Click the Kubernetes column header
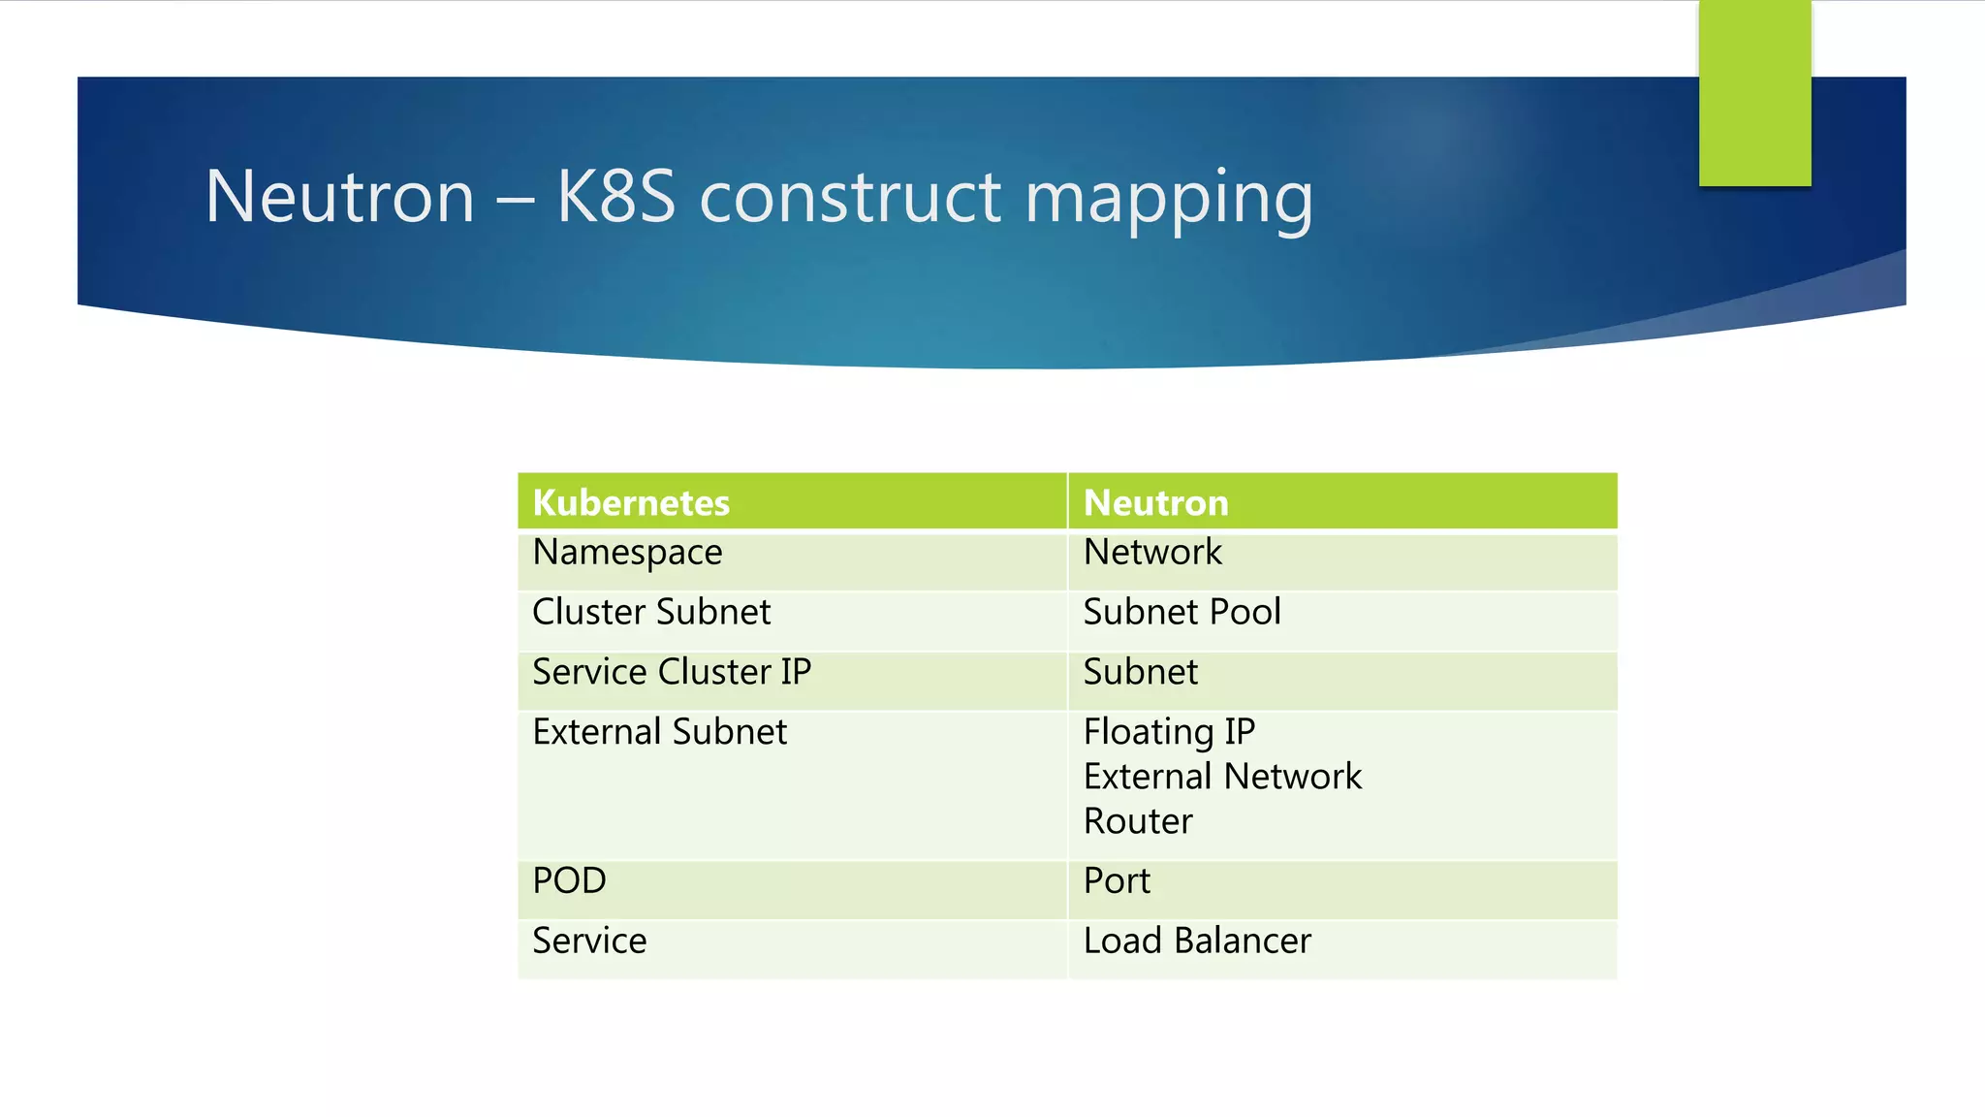(631, 502)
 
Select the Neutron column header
(1155, 502)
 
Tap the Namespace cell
(627, 553)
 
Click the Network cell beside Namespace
(1152, 552)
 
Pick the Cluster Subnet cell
(651, 612)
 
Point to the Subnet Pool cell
(1182, 612)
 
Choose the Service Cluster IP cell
(672, 672)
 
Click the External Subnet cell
(659, 732)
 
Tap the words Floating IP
(1169, 732)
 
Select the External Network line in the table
(1222, 777)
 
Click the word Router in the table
(1138, 821)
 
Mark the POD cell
(569, 880)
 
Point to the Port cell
(1117, 880)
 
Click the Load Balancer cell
(1197, 941)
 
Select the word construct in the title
(850, 197)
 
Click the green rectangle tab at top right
(1754, 93)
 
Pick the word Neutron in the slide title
(339, 197)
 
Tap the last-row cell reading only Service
(589, 941)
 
